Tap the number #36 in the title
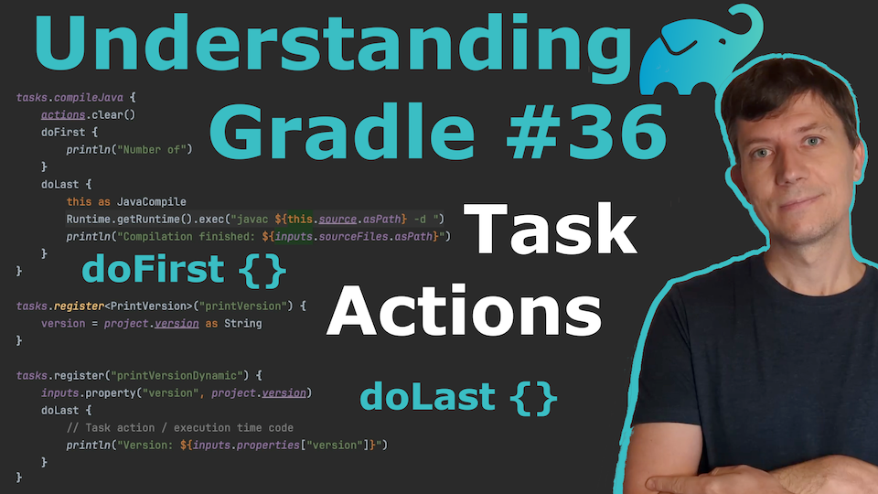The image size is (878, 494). coord(587,132)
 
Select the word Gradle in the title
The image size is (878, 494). coord(342,132)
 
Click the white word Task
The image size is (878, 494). coord(550,230)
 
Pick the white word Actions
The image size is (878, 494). coord(465,310)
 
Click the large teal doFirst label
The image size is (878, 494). coord(184,271)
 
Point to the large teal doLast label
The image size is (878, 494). coord(458,398)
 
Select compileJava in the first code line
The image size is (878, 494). coord(89,98)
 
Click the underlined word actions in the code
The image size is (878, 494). coord(63,115)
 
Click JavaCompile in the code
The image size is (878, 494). coord(151,201)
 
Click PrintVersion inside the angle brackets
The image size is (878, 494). coord(148,306)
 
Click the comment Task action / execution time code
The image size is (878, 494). coord(189,428)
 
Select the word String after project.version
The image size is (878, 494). coord(243,324)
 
